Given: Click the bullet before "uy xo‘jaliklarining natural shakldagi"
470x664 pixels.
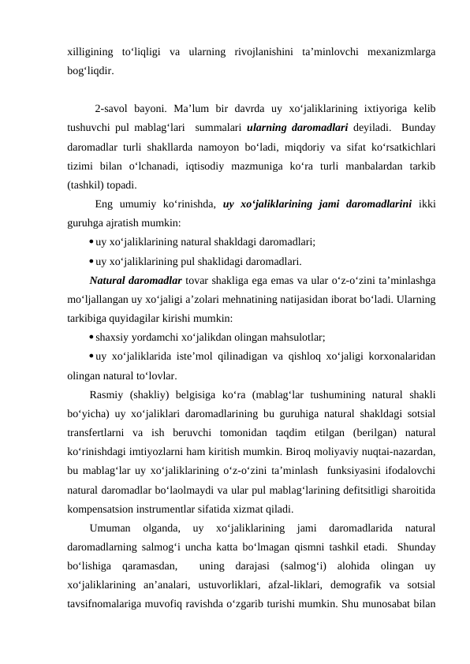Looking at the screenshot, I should tap(93, 242).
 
